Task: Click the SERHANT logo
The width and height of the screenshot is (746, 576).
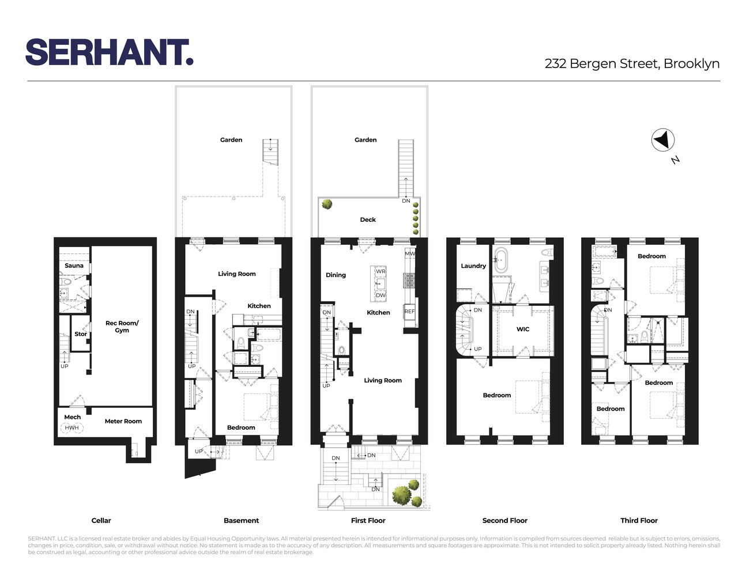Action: tap(109, 52)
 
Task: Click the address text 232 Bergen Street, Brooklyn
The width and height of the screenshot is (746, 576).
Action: tap(632, 64)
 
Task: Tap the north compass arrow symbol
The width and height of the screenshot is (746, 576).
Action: tap(663, 140)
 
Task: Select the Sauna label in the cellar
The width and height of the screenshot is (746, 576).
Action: tap(74, 266)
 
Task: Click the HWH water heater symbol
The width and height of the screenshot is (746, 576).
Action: tap(71, 428)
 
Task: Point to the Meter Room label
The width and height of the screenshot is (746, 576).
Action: tap(123, 421)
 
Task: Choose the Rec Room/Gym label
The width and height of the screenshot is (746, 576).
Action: tap(122, 327)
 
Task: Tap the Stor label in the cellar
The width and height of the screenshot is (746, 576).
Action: tap(81, 334)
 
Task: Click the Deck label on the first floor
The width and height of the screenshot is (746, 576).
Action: tap(368, 219)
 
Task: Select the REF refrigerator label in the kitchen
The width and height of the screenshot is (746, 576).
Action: tap(409, 312)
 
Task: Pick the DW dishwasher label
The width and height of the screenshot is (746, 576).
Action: tap(380, 295)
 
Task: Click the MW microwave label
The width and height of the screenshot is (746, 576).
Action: tap(409, 253)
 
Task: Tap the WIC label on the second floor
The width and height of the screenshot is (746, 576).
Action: tap(523, 329)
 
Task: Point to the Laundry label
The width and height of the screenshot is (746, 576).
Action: tap(473, 266)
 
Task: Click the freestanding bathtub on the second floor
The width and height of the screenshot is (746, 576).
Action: tap(500, 260)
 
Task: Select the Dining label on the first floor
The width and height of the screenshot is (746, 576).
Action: tap(336, 275)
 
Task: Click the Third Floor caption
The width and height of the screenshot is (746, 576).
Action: tap(639, 521)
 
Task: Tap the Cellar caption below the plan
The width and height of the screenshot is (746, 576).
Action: tap(101, 521)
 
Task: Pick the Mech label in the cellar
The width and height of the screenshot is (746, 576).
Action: tap(73, 417)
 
